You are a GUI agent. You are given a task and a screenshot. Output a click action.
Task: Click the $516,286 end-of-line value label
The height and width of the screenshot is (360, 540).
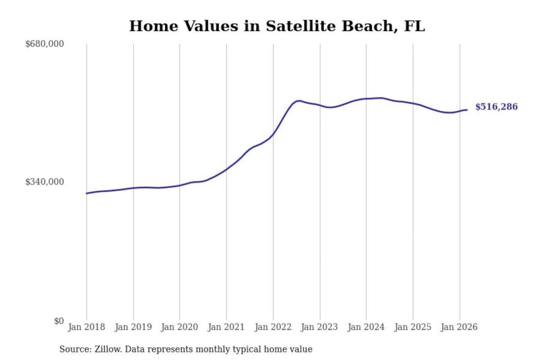[x=496, y=107]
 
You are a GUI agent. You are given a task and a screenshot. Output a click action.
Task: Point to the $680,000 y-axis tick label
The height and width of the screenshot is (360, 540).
[x=45, y=44]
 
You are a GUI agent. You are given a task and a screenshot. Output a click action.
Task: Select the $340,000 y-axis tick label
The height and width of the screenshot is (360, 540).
[x=45, y=182]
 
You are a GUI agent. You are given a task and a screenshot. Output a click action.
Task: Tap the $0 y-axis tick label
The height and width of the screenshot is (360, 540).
[x=59, y=321]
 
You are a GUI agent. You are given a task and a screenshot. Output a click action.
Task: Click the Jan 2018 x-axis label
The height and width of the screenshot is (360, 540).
[x=86, y=327]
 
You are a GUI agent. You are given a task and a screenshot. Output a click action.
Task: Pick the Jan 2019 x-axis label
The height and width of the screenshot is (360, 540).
[x=133, y=327]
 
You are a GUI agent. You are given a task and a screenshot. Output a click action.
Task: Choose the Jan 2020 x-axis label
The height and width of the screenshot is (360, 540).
[x=179, y=327]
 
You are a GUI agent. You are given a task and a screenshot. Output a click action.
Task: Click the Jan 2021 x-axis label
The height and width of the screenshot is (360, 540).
[x=226, y=327]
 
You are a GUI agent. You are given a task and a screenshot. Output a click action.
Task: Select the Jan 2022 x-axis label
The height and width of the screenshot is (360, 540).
[x=273, y=327]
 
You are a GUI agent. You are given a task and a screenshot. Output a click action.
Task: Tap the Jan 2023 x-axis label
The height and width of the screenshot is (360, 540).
[x=319, y=327]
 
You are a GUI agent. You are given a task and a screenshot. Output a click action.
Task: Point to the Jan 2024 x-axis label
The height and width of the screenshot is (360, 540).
[x=366, y=327]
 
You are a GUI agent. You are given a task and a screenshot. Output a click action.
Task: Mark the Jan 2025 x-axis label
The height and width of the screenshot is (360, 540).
[x=413, y=327]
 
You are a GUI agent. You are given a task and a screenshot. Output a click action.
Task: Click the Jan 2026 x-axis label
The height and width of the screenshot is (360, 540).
[x=459, y=327]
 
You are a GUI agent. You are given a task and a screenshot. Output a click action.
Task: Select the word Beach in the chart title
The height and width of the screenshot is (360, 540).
[x=370, y=26]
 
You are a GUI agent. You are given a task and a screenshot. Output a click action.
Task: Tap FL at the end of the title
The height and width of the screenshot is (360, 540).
[x=414, y=26]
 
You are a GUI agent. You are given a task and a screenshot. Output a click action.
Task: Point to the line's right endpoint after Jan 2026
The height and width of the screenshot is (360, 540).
[x=467, y=110]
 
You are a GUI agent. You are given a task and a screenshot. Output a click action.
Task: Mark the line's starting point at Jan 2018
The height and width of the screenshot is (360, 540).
[x=87, y=193]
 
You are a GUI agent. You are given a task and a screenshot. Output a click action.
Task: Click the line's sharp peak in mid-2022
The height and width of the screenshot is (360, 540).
[x=298, y=100]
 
